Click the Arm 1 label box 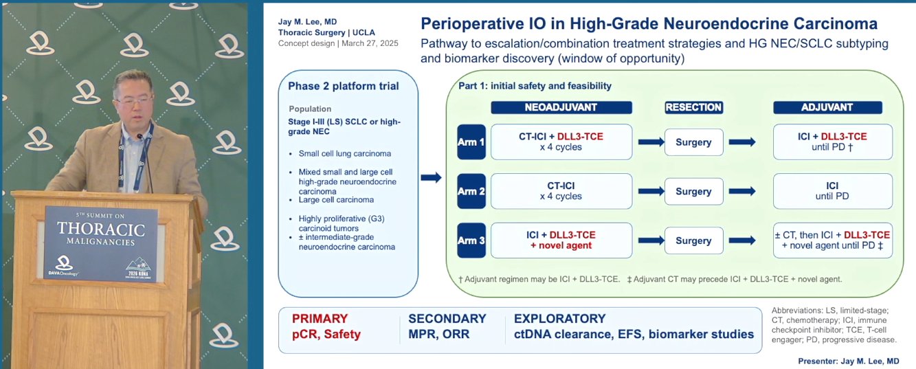(x=471, y=142)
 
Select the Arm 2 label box (x=471, y=191)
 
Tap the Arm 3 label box (x=471, y=240)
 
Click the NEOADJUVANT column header (x=561, y=107)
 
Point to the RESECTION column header (x=693, y=107)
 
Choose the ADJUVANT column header (x=827, y=107)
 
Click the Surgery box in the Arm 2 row (x=693, y=191)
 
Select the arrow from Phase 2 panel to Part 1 (x=431, y=177)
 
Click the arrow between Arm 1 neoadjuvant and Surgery (x=651, y=142)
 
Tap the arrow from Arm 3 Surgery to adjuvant (x=741, y=240)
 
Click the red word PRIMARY (x=320, y=318)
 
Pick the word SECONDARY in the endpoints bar (x=447, y=318)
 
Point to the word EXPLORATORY (x=559, y=318)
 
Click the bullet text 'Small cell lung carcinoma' (x=345, y=153)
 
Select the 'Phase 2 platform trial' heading (x=343, y=86)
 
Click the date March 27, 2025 (x=370, y=43)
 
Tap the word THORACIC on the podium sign (x=101, y=229)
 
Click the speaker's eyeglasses (x=135, y=100)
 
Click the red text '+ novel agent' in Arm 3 (x=561, y=245)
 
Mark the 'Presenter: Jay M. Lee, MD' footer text (x=849, y=361)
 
